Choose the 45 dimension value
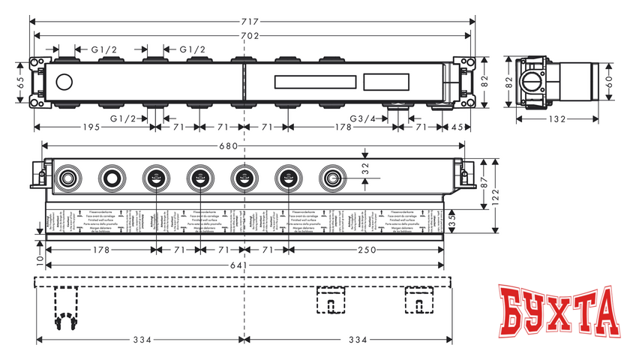click(x=457, y=127)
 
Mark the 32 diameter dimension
click(x=365, y=169)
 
